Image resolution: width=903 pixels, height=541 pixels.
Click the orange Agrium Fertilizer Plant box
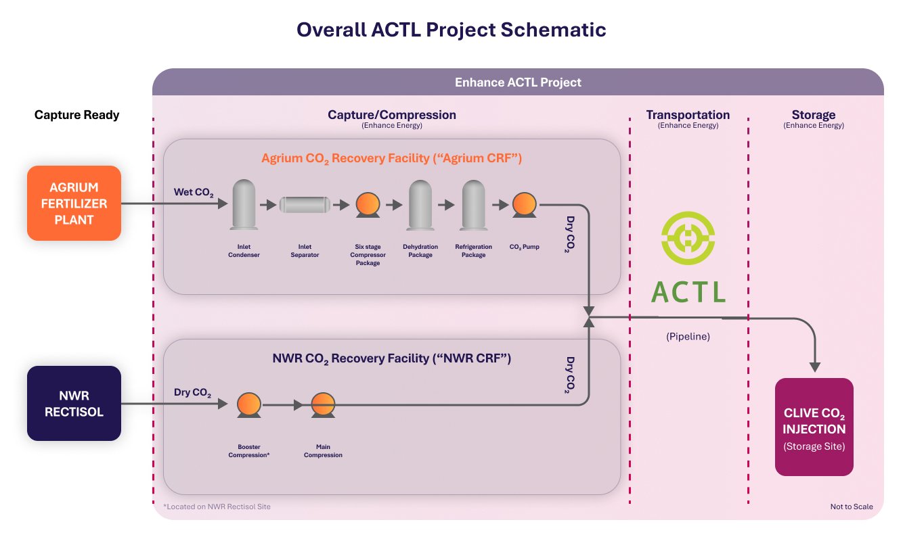(x=74, y=203)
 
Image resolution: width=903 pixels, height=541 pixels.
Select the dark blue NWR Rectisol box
(x=74, y=403)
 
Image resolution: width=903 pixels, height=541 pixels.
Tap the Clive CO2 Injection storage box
(x=814, y=427)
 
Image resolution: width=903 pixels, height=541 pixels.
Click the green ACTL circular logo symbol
(x=688, y=241)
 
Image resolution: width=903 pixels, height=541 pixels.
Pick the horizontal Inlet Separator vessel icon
(x=305, y=204)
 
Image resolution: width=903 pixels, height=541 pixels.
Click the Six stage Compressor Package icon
(x=368, y=204)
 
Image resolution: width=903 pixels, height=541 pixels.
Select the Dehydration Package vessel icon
(x=420, y=204)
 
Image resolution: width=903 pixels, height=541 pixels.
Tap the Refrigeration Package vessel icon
(x=473, y=204)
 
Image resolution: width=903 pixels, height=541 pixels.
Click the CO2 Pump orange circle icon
(x=524, y=204)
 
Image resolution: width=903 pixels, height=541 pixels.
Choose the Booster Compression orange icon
(x=248, y=406)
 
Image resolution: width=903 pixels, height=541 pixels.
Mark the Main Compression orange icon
(x=323, y=406)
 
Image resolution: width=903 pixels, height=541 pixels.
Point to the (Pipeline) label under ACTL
(x=688, y=336)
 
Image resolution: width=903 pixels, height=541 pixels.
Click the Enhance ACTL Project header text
(x=518, y=83)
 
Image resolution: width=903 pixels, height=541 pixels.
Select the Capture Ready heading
(x=76, y=115)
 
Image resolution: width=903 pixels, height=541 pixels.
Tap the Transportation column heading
(x=688, y=115)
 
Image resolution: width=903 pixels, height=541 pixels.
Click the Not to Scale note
(x=852, y=507)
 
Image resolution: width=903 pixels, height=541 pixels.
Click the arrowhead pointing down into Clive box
(x=815, y=367)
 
